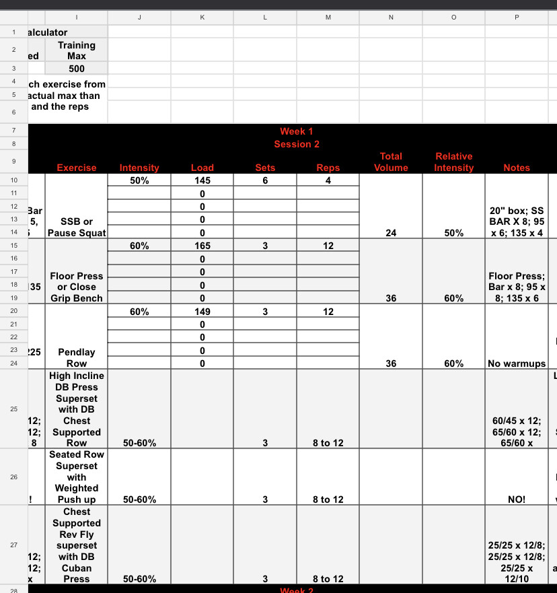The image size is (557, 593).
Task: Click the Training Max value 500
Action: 76,69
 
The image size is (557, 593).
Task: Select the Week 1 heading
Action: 297,131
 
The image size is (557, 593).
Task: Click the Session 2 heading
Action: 297,144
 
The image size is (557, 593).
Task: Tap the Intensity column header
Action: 139,168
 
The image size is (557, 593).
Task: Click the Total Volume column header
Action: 391,162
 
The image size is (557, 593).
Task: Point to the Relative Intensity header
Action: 453,162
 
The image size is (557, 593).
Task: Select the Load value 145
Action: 202,180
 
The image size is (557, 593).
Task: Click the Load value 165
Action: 202,246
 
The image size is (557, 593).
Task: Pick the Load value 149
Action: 202,311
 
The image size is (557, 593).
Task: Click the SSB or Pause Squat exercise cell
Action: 77,227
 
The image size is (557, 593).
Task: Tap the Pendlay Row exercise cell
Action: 77,357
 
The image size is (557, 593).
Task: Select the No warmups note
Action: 517,363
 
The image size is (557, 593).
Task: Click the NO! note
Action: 517,499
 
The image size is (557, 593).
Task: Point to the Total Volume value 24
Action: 391,233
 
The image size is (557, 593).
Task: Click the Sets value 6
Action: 265,180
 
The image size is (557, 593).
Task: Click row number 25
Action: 13,409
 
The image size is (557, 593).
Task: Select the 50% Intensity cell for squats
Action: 139,180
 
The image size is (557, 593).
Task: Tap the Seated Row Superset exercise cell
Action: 77,477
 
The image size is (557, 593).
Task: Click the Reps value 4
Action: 328,180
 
